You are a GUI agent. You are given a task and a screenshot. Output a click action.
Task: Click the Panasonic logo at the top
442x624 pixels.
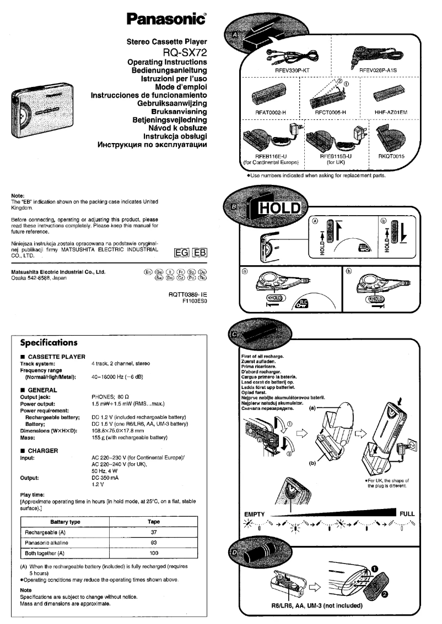tap(167, 20)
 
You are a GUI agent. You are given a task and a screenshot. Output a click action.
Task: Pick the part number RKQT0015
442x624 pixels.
tap(391, 156)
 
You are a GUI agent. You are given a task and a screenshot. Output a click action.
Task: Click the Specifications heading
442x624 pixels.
tap(49, 343)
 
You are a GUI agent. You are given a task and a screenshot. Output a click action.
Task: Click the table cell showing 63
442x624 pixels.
tap(154, 543)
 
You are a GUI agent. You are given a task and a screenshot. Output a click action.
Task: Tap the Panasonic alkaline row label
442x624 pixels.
tap(50, 543)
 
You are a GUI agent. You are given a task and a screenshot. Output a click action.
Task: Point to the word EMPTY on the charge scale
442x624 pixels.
tap(255, 514)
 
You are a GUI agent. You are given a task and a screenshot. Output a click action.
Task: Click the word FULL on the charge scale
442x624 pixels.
tap(407, 514)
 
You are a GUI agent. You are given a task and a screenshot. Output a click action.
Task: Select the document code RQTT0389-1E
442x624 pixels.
tap(187, 295)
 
